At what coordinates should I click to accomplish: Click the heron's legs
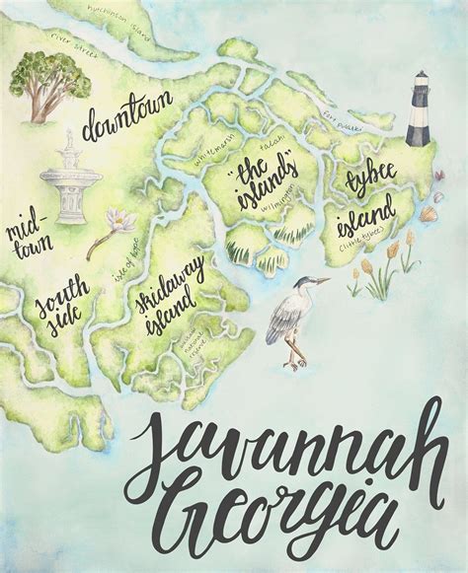[x=291, y=348]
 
